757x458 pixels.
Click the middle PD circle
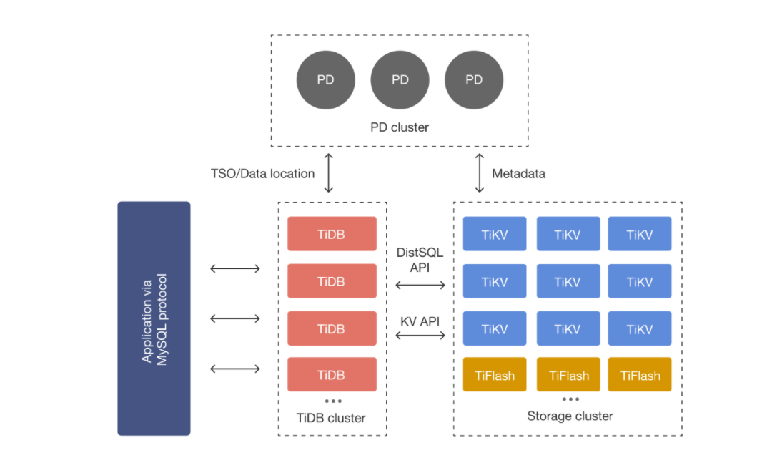tap(400, 79)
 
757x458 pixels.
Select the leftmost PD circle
tap(326, 79)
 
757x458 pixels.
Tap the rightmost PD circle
tap(474, 79)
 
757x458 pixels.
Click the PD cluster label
tap(400, 127)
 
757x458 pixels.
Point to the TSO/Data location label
tap(262, 174)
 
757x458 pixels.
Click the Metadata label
tap(518, 174)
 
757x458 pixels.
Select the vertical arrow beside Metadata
tap(480, 173)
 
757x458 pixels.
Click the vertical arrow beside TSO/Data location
tap(328, 173)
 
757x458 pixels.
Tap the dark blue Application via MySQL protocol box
tap(154, 318)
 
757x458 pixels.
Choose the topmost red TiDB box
tap(332, 234)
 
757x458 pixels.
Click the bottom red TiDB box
tap(332, 374)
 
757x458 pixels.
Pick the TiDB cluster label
tap(331, 418)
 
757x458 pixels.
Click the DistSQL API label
tap(420, 260)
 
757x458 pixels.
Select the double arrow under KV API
tap(420, 336)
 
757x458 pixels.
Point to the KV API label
tap(420, 321)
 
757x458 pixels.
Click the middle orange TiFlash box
tap(568, 374)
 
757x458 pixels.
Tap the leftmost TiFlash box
tap(495, 374)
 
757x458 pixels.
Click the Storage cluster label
tap(570, 416)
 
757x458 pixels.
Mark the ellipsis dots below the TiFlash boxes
tap(570, 399)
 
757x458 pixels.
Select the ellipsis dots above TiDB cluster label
tap(333, 401)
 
